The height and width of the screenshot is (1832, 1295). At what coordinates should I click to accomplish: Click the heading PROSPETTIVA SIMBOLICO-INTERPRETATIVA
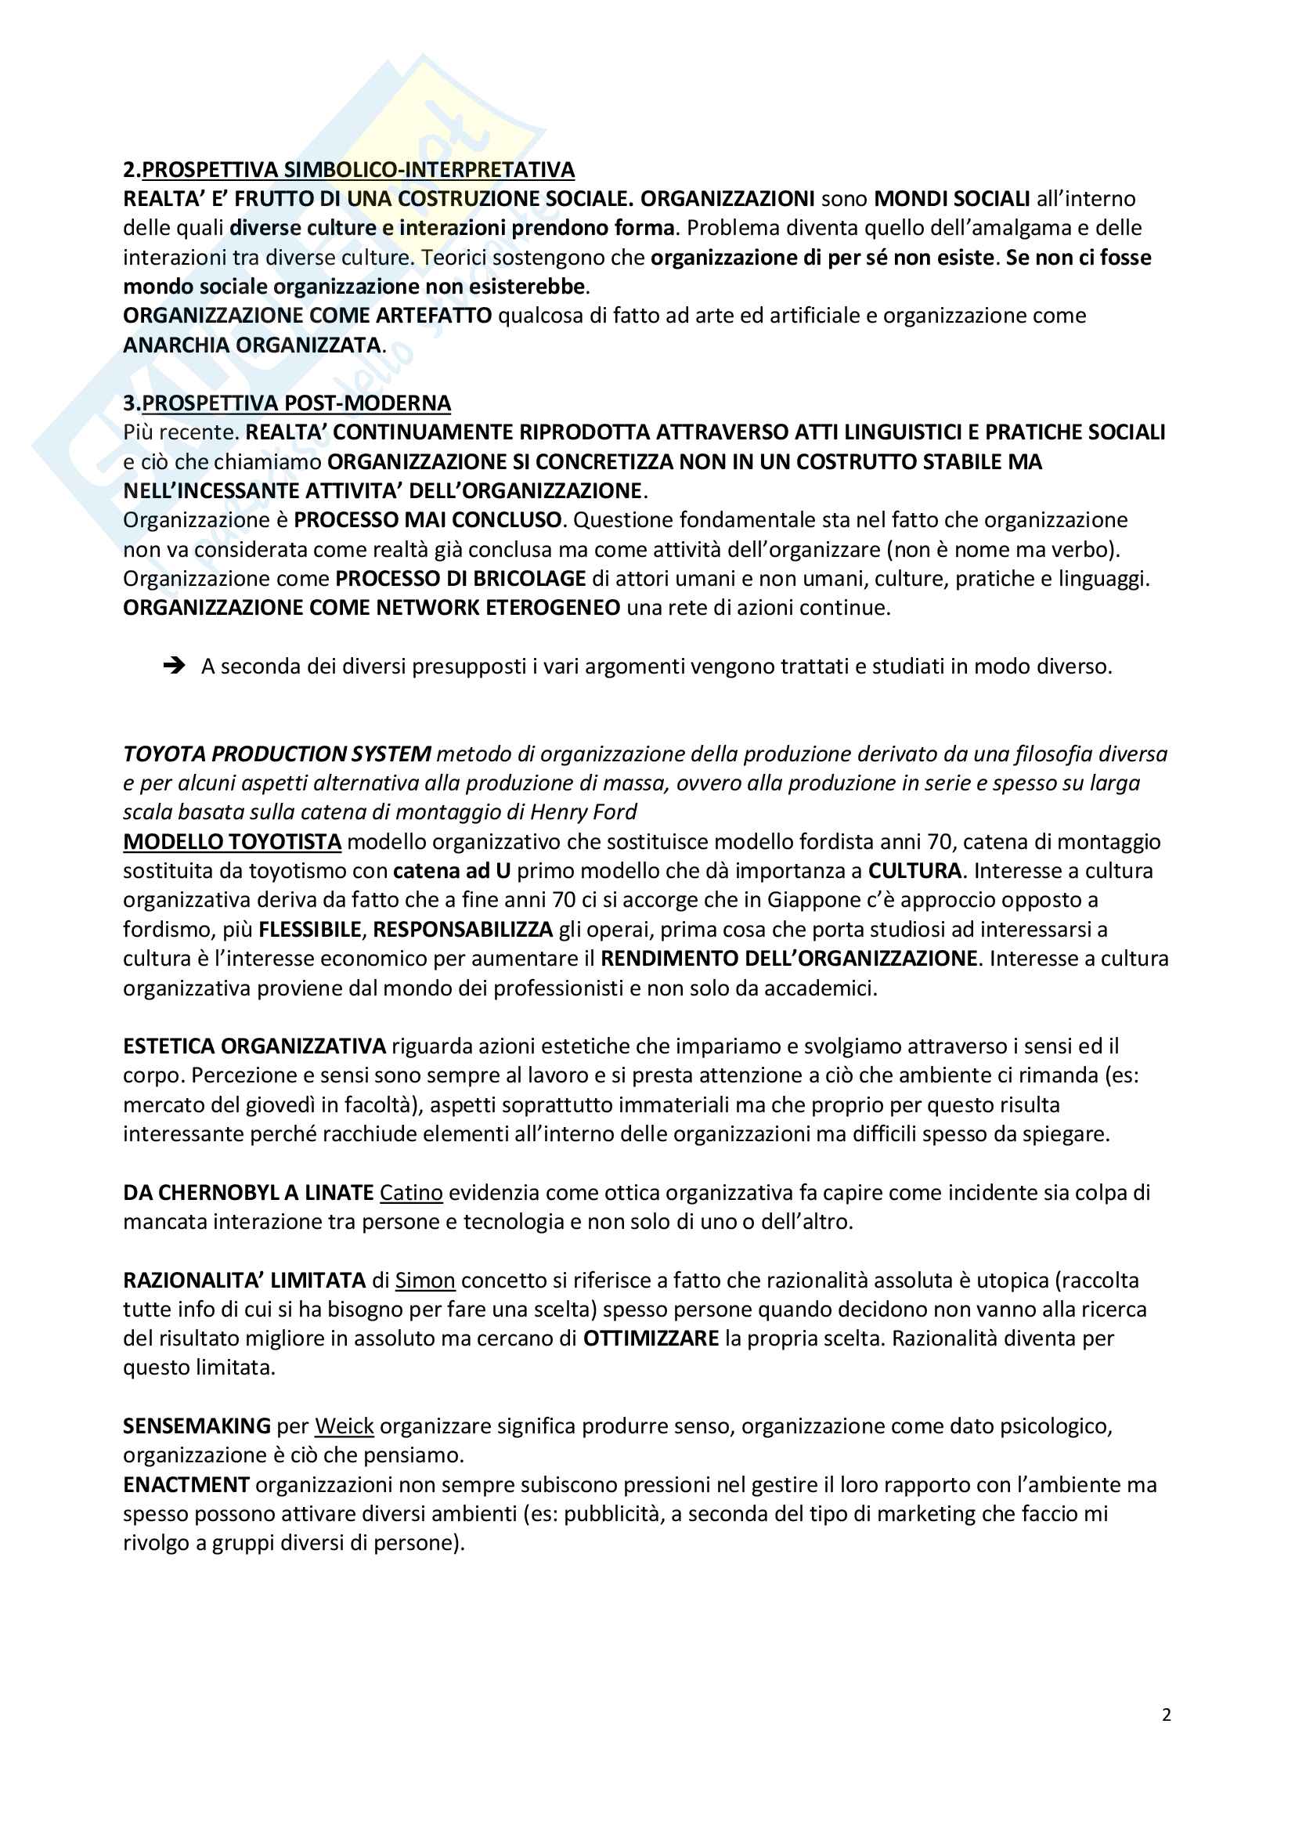[357, 170]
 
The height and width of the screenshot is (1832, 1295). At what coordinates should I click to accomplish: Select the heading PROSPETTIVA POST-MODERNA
[296, 403]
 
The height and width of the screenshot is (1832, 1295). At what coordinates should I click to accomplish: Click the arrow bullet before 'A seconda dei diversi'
[173, 666]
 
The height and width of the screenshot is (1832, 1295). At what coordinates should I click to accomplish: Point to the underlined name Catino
[411, 1193]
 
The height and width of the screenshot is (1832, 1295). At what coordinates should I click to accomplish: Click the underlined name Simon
[425, 1281]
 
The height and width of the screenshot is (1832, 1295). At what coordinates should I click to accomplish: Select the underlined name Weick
[344, 1425]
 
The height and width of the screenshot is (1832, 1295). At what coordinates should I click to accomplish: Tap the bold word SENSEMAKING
[197, 1425]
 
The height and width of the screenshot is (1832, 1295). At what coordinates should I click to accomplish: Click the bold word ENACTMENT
[186, 1485]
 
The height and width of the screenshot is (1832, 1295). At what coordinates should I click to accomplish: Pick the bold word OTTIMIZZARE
[651, 1338]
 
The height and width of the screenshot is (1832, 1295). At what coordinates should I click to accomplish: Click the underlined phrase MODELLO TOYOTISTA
[232, 842]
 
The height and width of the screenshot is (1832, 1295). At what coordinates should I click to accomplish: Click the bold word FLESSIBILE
[311, 930]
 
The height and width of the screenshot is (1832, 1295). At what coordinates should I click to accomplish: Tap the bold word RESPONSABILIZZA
[463, 930]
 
